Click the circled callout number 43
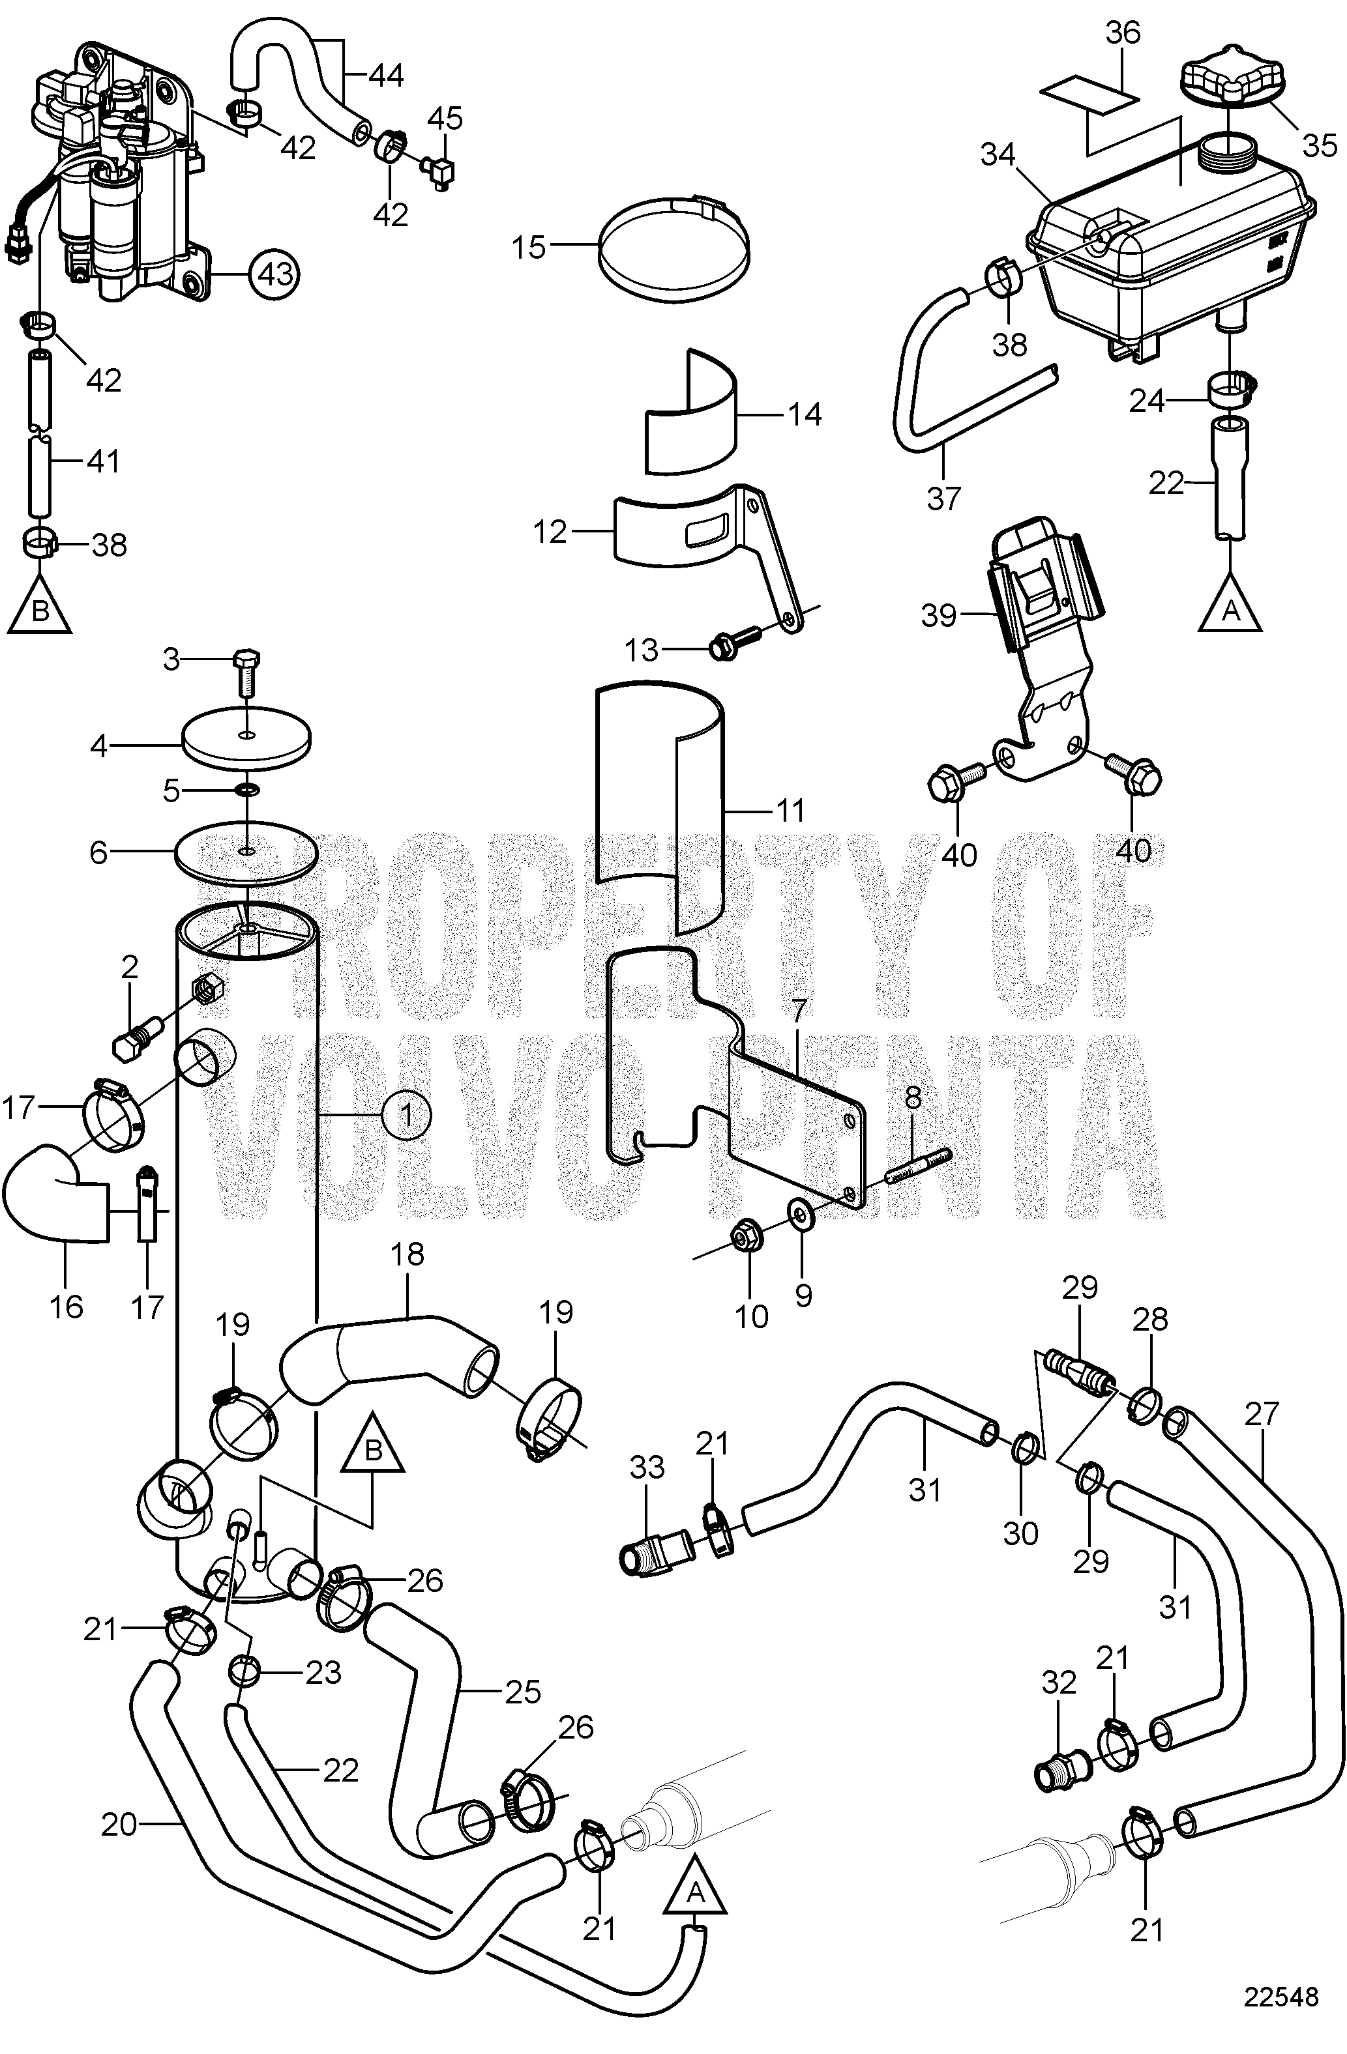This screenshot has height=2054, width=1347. click(x=272, y=274)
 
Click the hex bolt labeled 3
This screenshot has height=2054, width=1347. click(x=246, y=667)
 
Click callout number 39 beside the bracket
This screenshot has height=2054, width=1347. click(x=939, y=615)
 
